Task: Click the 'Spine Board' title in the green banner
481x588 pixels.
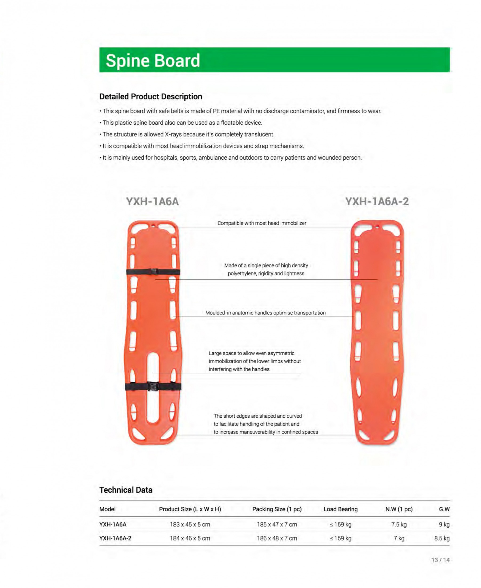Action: point(153,61)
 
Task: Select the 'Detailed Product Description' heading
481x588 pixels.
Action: point(151,97)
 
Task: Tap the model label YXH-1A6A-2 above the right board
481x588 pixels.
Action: point(377,201)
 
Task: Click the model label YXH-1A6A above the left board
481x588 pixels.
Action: point(153,201)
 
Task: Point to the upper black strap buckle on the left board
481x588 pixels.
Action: point(153,271)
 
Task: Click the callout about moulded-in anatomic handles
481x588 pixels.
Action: point(266,313)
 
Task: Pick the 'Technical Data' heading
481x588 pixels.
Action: point(126,490)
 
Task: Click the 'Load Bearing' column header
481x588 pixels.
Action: point(340,509)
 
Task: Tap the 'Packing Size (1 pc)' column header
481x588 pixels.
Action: point(277,509)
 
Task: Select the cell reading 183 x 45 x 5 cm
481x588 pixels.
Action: point(190,524)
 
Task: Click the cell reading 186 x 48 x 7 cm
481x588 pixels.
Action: point(277,538)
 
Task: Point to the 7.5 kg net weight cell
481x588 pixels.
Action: point(399,524)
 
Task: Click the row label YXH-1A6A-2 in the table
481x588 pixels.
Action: point(115,538)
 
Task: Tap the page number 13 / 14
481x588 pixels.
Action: point(440,560)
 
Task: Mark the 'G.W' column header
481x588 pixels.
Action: point(444,509)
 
